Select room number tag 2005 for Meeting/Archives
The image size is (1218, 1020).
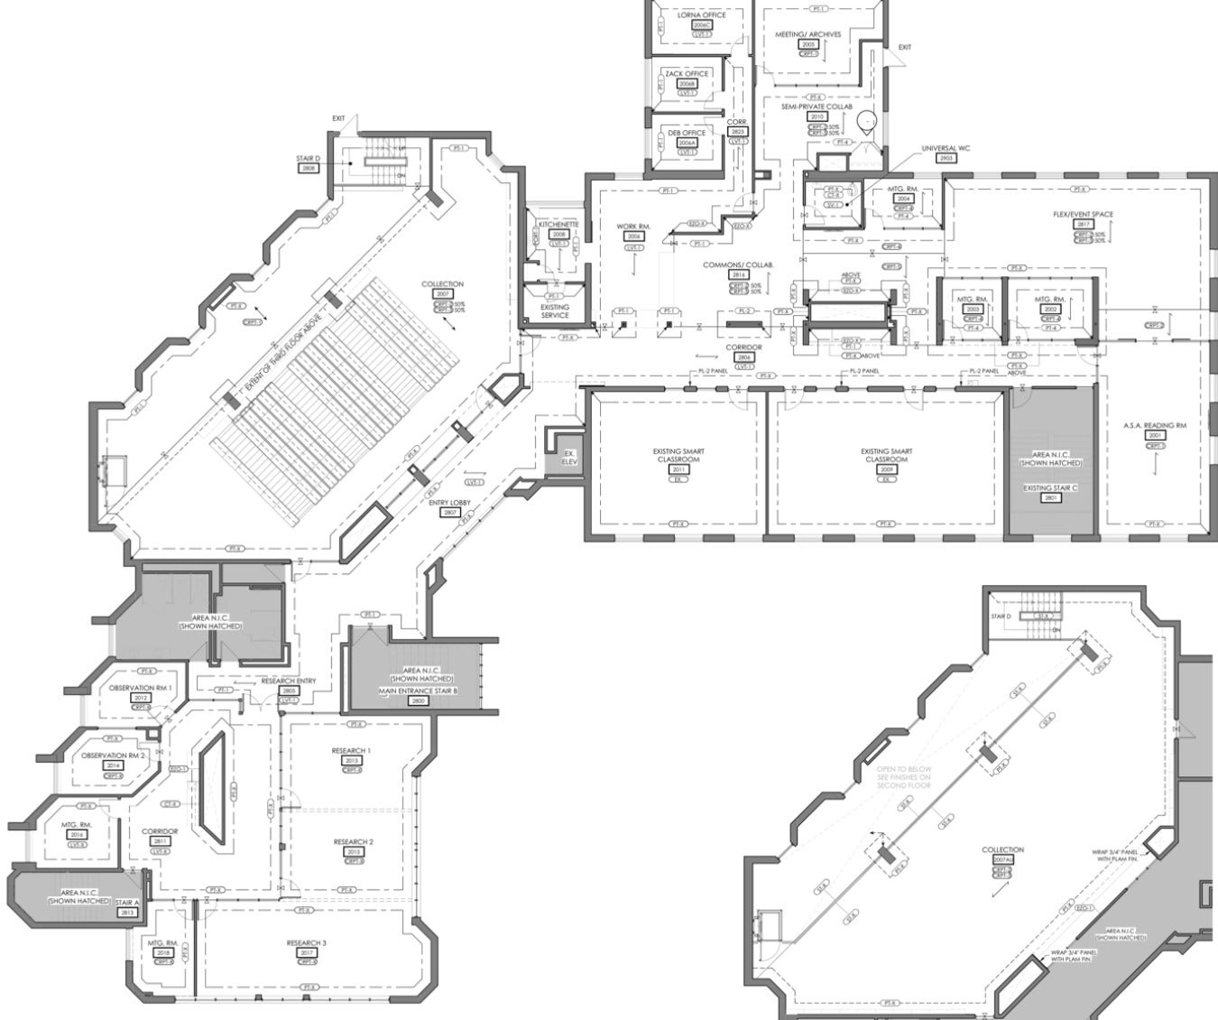pos(807,43)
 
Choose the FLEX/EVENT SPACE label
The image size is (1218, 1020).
pos(1083,215)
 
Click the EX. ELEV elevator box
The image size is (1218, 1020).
pos(568,456)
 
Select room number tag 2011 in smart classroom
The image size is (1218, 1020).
pos(678,470)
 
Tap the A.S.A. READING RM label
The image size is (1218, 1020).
pos(1155,425)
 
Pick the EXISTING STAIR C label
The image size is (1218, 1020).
pos(1050,487)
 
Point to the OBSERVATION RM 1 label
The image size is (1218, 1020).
pos(141,688)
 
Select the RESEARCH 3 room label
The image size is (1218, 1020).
pos(306,942)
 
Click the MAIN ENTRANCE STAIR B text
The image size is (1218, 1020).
pos(417,691)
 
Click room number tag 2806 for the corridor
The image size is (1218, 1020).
pos(743,357)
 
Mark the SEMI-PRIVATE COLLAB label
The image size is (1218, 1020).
pos(817,107)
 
